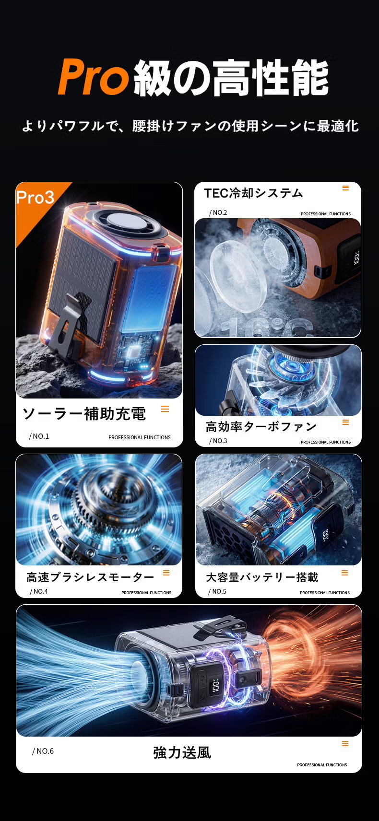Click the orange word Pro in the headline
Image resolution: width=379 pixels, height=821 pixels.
coord(94,77)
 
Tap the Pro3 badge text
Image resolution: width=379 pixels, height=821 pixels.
coord(36,198)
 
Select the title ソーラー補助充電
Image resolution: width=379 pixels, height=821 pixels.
coord(84,414)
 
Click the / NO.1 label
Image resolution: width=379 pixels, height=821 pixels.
coord(39,436)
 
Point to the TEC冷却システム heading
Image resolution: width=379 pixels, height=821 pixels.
coord(253,193)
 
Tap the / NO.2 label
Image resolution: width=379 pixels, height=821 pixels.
coord(218,212)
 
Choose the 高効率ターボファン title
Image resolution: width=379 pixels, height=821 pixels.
coord(261,426)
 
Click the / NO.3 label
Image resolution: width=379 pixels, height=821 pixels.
coord(218,441)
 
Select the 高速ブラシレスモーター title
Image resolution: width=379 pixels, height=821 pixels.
coord(90,577)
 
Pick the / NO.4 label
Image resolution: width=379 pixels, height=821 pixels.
coord(39,592)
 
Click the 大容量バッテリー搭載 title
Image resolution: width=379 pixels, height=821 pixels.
coord(262,577)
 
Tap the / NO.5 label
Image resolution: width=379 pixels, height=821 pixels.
coord(217,592)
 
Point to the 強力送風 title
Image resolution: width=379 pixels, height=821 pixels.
coord(182,752)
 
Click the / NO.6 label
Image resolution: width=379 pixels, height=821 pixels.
coord(43,751)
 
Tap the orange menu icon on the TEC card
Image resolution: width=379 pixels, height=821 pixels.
coord(345,188)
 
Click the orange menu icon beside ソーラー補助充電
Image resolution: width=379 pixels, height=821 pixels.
coord(165,409)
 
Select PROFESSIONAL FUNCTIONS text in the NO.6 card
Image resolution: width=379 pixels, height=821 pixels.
coord(322,765)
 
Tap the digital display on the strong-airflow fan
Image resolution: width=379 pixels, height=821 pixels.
coord(215,686)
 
